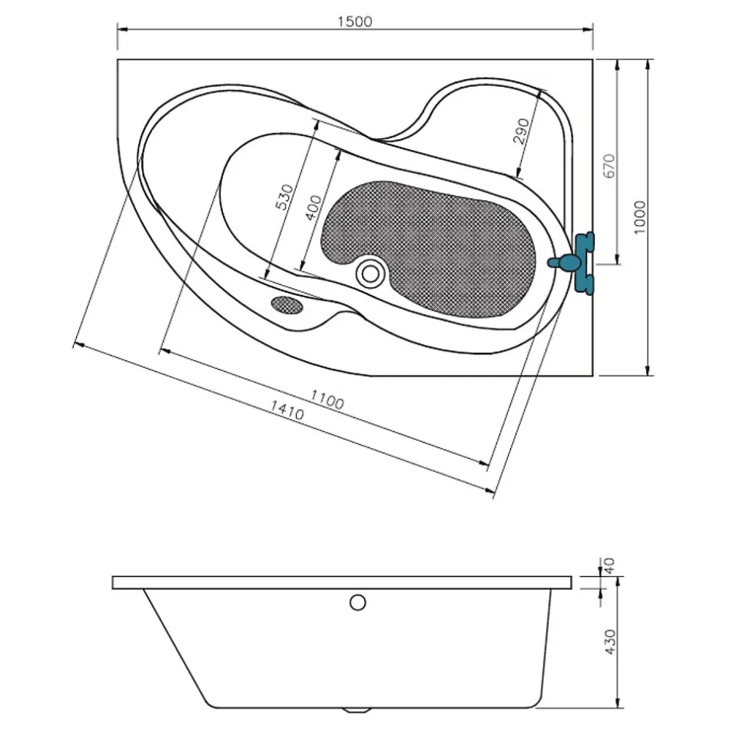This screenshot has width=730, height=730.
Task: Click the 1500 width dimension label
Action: [355, 22]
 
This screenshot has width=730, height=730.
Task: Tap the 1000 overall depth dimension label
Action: [640, 217]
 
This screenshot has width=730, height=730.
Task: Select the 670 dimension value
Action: [609, 165]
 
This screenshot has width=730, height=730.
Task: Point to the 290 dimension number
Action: [521, 130]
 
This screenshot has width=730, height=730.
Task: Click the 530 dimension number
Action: [285, 197]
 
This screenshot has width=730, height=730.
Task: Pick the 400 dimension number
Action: [313, 207]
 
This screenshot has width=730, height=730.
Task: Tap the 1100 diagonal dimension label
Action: [327, 399]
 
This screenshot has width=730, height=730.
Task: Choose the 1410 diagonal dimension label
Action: [287, 410]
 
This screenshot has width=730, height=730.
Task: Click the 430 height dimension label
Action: [610, 641]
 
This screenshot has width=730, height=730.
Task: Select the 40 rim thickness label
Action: [609, 565]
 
